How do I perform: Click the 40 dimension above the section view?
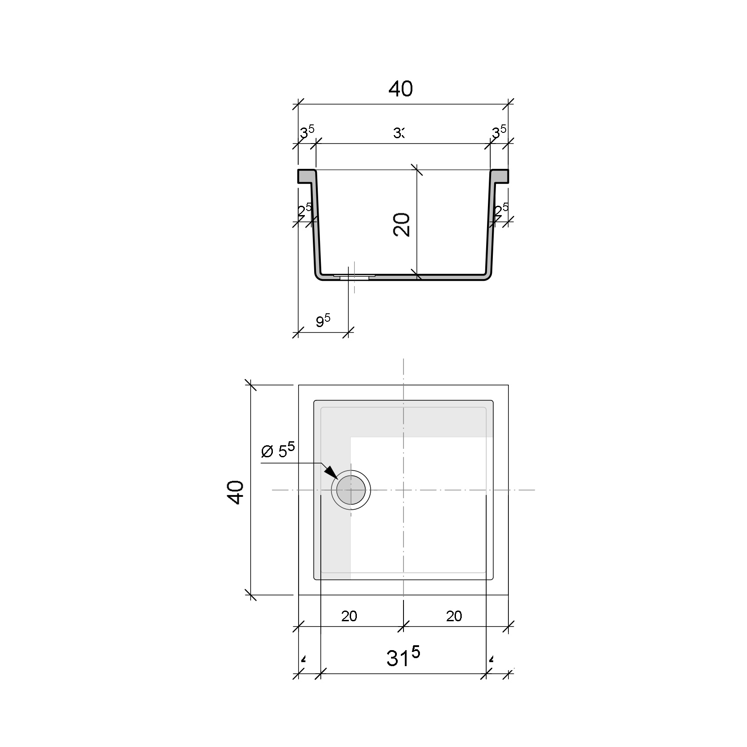pos(400,89)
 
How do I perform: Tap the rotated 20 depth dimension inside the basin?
pos(402,224)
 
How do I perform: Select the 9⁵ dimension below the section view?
pos(323,320)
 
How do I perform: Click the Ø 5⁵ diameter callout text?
pos(278,451)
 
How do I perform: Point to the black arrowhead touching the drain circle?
pos(331,472)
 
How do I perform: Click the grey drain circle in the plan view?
pos(351,490)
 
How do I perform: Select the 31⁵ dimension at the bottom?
pos(403,658)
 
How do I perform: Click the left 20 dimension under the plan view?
pos(349,616)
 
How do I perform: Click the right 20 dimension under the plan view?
pos(454,616)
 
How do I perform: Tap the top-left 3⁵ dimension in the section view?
pos(306,132)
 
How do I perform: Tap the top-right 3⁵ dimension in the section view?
pos(499,132)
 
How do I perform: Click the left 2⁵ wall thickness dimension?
pos(305,210)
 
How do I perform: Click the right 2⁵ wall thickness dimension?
pos(501,210)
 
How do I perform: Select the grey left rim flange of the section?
pos(306,176)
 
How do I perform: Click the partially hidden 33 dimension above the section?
pos(399,133)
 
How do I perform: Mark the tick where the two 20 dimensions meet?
pos(403,627)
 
